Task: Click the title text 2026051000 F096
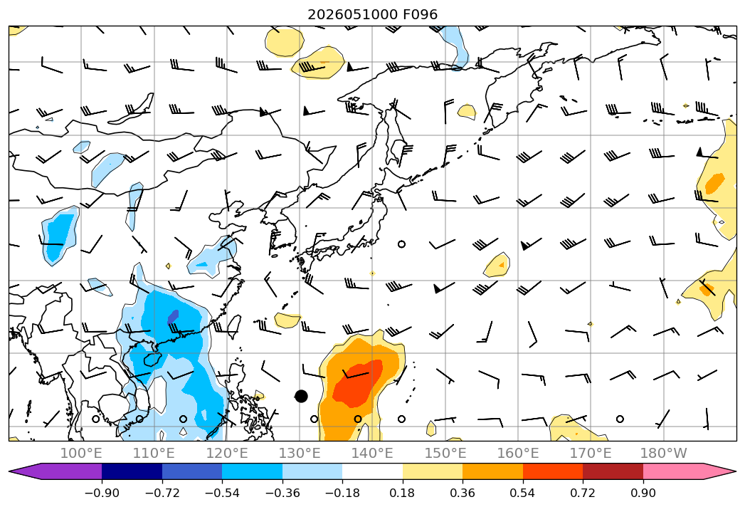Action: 373,14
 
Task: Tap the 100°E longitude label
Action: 81,453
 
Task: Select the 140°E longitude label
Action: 372,453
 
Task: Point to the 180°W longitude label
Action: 663,453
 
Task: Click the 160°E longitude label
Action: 518,453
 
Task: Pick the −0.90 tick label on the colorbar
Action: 102,493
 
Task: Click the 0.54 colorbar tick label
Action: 523,493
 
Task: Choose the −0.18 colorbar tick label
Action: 342,493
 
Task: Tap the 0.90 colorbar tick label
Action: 643,493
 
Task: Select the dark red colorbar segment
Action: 613,471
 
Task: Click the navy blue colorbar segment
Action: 132,471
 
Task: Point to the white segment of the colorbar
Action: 373,471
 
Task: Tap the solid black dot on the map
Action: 301,396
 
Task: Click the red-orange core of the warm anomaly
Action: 357,383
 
